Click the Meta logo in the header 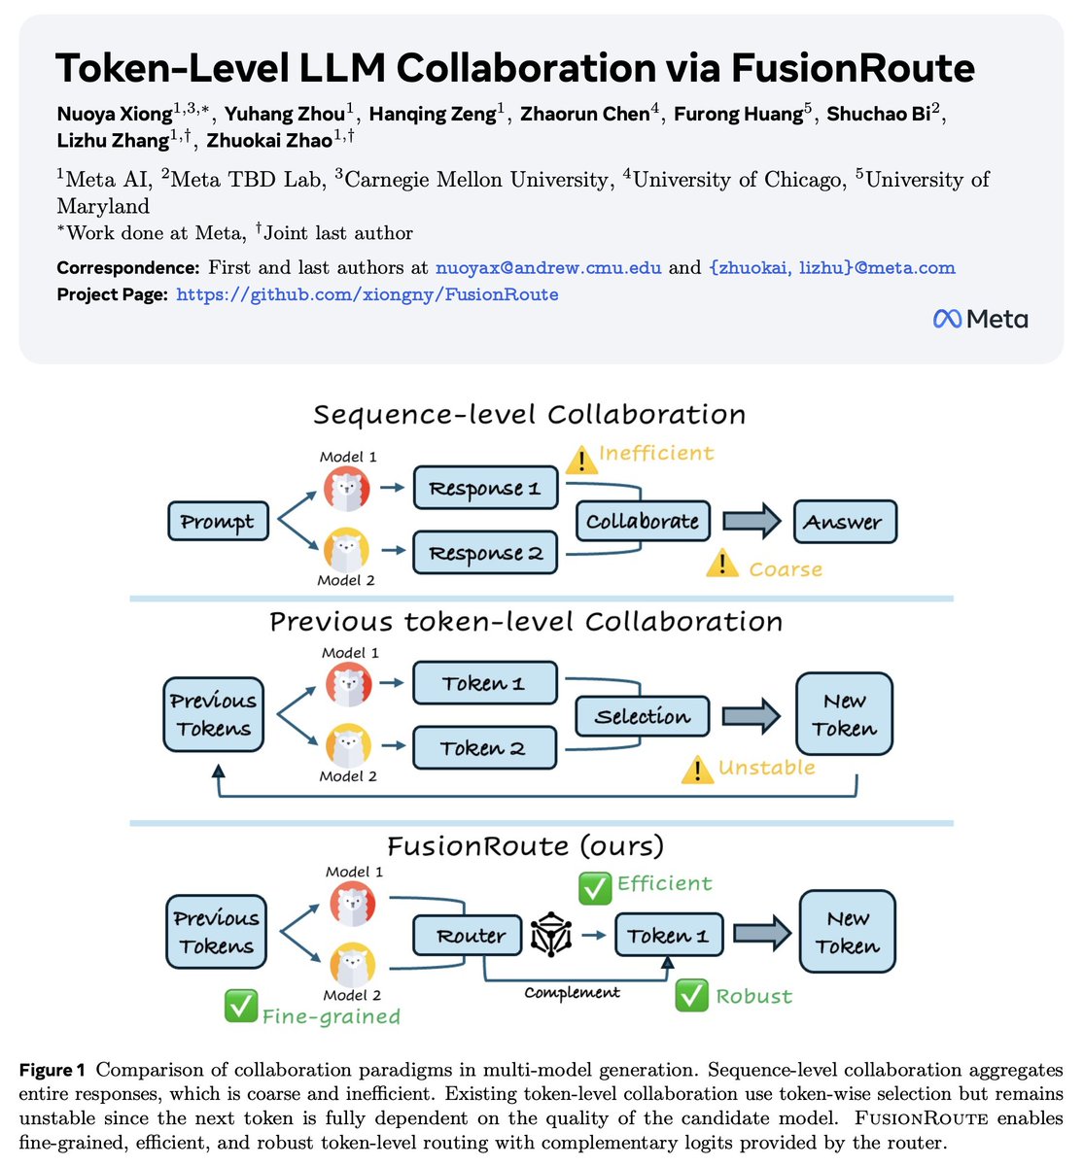click(980, 319)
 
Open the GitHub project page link click(367, 294)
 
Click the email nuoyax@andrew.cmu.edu click(548, 267)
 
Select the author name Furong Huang click(739, 114)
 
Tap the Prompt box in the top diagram click(216, 522)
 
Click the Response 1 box click(485, 488)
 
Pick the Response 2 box click(485, 553)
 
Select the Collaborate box click(642, 522)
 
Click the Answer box click(844, 522)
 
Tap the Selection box click(642, 717)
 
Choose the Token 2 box click(483, 748)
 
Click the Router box click(471, 936)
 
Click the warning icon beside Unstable click(697, 770)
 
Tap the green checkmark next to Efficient click(594, 887)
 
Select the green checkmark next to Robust click(691, 995)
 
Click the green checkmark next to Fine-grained click(239, 1007)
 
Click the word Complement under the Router click(572, 993)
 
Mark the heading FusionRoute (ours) click(526, 845)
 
